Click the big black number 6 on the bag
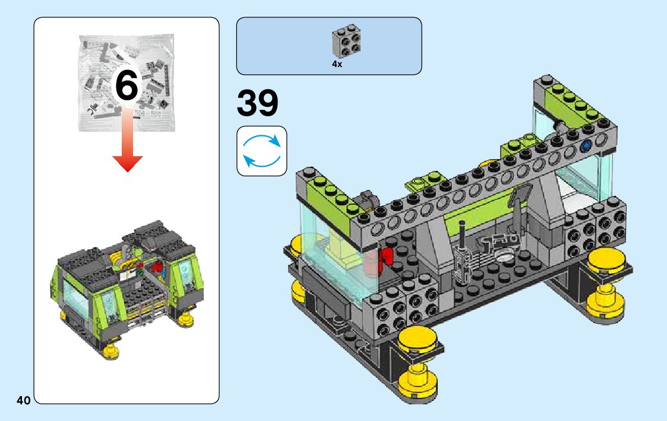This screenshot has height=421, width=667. tap(127, 86)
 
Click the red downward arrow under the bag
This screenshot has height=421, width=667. tap(127, 140)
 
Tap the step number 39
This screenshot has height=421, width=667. tap(257, 103)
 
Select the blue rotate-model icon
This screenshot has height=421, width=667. tap(261, 151)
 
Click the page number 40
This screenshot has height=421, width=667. tap(24, 400)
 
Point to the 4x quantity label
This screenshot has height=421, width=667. tap(337, 64)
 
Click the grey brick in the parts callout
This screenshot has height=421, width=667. tap(346, 41)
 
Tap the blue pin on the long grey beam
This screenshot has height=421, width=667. tap(587, 146)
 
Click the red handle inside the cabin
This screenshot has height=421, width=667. tap(386, 257)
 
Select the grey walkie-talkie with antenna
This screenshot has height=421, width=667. tap(462, 255)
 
